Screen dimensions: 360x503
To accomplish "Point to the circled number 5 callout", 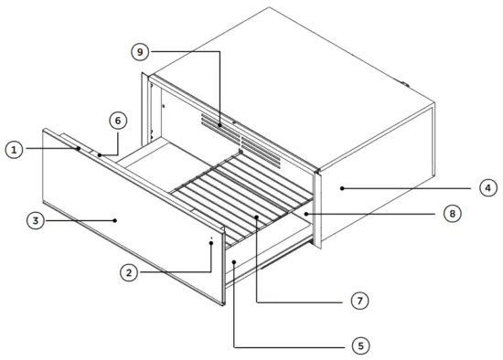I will tap(360, 346).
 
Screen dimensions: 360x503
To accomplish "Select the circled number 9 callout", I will tap(139, 53).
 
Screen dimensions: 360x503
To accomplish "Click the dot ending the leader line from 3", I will tap(114, 219).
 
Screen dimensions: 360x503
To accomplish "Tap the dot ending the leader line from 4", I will tap(341, 188).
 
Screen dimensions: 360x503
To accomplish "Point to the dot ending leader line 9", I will tap(220, 123).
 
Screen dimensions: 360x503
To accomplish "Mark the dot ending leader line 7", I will tap(257, 217).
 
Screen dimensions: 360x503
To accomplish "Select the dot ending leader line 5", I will tap(235, 262).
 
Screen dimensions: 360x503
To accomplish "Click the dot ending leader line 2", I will tap(211, 243).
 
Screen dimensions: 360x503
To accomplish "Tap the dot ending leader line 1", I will tap(78, 147).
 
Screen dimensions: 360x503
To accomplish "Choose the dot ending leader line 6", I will tap(99, 155).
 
